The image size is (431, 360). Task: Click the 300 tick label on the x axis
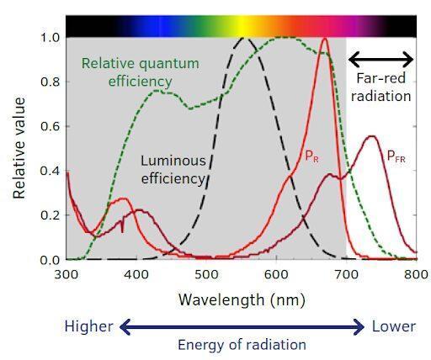tap(67, 274)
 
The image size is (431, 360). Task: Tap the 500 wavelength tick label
tap(206, 274)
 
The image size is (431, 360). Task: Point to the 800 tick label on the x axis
tap(416, 274)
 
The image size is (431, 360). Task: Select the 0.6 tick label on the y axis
tap(51, 126)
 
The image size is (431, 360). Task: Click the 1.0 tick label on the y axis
tap(51, 37)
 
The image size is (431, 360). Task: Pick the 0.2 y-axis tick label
tap(51, 215)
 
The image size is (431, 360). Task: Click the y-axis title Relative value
tap(19, 148)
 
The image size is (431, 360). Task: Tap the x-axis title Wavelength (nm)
tap(242, 300)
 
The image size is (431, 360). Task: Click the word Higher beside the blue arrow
tap(88, 326)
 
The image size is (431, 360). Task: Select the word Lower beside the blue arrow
tap(394, 326)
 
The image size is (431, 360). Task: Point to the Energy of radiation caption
tap(242, 345)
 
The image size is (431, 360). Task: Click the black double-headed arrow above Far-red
tap(380, 60)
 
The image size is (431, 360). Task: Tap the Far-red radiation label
tap(381, 87)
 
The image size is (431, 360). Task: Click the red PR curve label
tap(311, 156)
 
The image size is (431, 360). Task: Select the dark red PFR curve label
tap(396, 156)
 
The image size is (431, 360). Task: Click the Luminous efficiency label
tap(173, 170)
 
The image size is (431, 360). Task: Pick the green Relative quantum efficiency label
tap(141, 72)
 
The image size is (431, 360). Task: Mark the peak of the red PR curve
tap(325, 39)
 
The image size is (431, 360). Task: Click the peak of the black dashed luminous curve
tap(243, 38)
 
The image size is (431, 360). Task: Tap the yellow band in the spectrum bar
tap(243, 26)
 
